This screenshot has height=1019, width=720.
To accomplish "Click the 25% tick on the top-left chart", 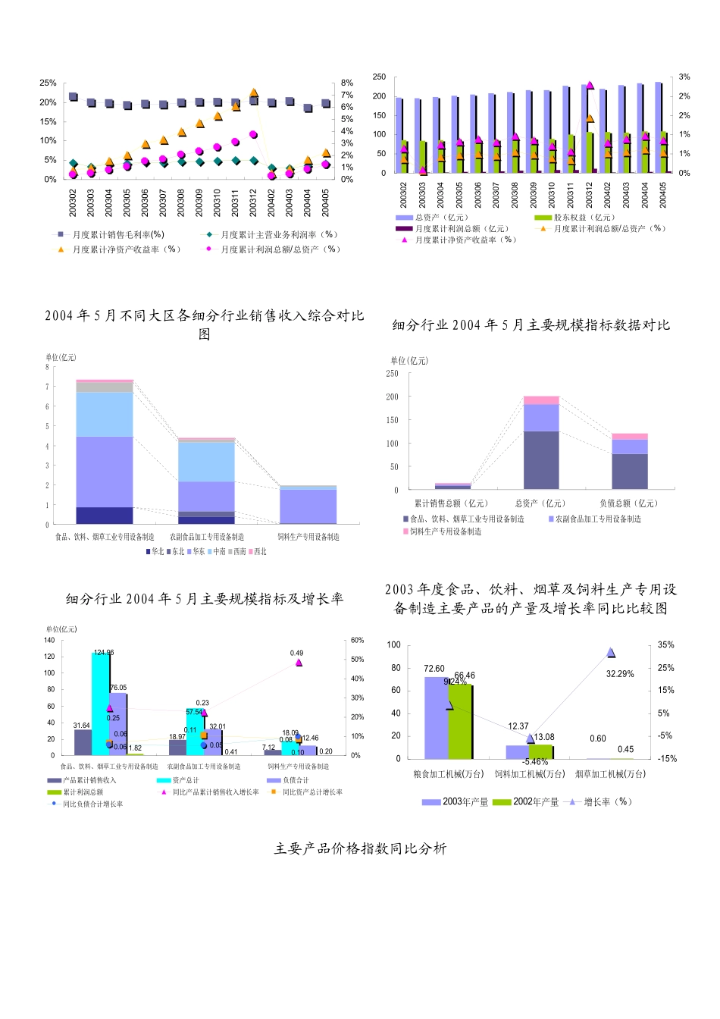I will coord(48,83).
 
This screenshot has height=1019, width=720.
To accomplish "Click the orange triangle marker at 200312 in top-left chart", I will coord(254,92).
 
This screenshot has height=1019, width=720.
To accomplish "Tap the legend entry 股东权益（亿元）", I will coord(584,218).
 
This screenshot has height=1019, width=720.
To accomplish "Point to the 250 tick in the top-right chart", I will coord(379,77).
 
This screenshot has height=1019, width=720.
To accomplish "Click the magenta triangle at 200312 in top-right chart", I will coord(590,85).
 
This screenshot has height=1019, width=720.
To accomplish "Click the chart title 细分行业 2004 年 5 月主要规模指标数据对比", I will coord(531,325).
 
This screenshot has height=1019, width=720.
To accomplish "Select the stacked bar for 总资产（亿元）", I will coord(541,443).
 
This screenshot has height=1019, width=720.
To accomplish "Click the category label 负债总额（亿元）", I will coord(628,503).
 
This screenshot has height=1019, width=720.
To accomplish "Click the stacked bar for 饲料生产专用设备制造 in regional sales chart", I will coord(308,505).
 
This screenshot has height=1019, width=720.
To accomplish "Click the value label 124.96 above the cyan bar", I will coord(104,653).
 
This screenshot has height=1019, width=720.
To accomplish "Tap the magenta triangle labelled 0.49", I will coord(299,663).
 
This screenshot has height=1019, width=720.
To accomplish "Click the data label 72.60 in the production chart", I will coord(434,669).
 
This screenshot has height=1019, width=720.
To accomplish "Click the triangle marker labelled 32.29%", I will coord(611,653).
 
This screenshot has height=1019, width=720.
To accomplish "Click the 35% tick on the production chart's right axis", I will coord(665,645).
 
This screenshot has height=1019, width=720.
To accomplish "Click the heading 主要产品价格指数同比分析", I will coord(360,849).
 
